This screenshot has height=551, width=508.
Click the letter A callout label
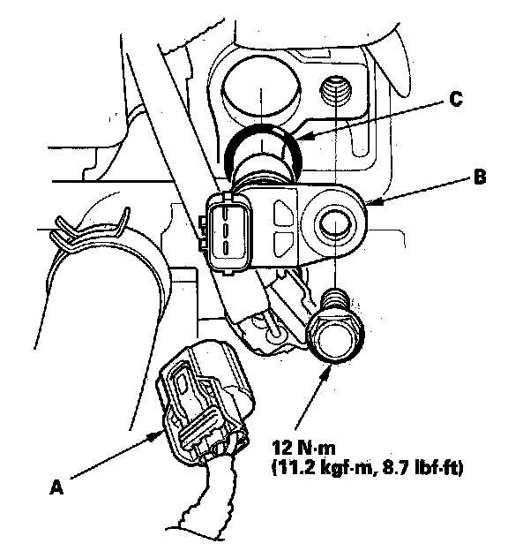(x=56, y=487)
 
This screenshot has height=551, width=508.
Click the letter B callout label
(x=480, y=177)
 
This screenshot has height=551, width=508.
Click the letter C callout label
(x=456, y=99)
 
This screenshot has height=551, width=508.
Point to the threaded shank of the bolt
(x=336, y=301)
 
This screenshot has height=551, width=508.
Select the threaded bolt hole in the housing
(x=336, y=90)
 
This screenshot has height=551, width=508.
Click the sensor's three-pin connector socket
(x=228, y=231)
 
